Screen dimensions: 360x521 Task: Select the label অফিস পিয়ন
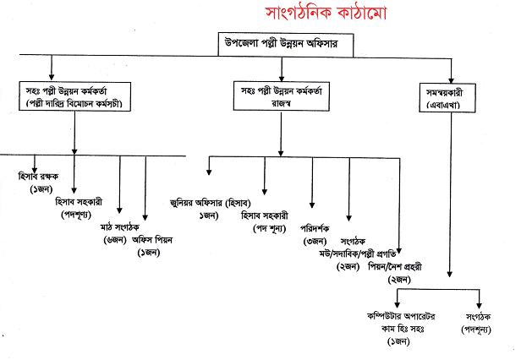[x=153, y=239]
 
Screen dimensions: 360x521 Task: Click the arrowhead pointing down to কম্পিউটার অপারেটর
[x=397, y=303]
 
